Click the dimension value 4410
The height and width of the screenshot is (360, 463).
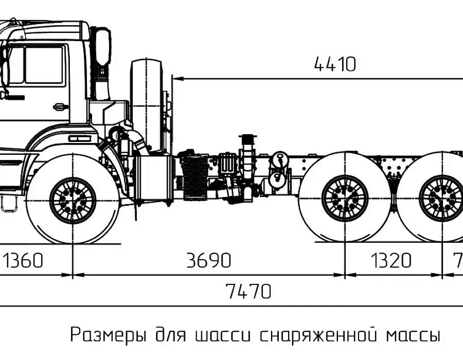pyautogui.click(x=335, y=64)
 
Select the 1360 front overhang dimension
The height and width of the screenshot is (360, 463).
pyautogui.click(x=23, y=260)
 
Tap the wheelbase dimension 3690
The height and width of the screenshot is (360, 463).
pyautogui.click(x=209, y=260)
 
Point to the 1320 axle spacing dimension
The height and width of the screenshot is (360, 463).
pyautogui.click(x=390, y=260)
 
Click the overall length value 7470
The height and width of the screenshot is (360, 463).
pyautogui.click(x=248, y=291)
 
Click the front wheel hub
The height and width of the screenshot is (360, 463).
pyautogui.click(x=73, y=200)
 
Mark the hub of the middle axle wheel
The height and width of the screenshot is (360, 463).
pyautogui.click(x=345, y=198)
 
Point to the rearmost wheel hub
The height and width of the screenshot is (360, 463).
pyautogui.click(x=442, y=198)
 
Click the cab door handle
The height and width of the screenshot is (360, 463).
pyautogui.click(x=61, y=106)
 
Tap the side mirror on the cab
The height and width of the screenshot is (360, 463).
pyautogui.click(x=103, y=47)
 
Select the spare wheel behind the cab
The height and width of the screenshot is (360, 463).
pyautogui.click(x=147, y=106)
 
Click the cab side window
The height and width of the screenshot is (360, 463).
pyautogui.click(x=44, y=64)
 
